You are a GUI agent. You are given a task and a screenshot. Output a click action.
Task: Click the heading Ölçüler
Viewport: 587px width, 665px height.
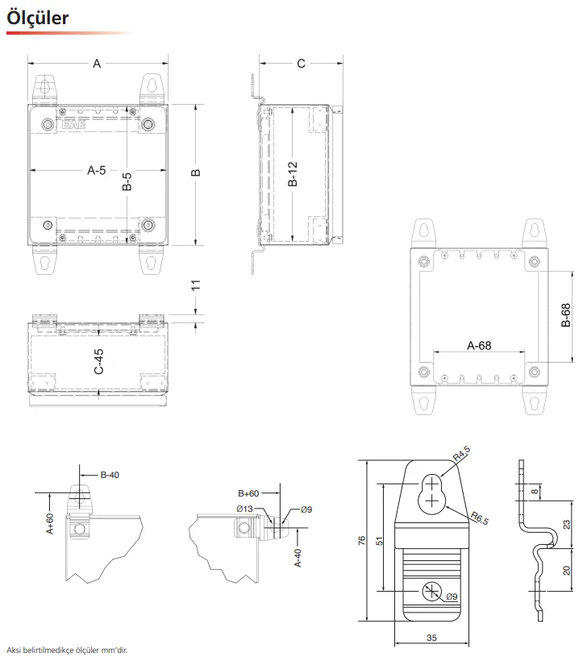[37, 18]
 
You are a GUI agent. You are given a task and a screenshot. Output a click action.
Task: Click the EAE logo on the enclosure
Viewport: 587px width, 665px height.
[74, 124]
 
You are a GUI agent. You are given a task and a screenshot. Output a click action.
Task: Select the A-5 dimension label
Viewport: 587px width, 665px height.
[97, 171]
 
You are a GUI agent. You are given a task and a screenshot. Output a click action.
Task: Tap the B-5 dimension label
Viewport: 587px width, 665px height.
[127, 181]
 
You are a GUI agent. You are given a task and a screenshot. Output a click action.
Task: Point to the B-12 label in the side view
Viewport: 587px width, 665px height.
[293, 174]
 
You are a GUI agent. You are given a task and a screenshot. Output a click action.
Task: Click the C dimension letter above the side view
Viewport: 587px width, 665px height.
[301, 64]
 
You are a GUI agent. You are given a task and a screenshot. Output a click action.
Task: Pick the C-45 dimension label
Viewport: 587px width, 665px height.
[98, 362]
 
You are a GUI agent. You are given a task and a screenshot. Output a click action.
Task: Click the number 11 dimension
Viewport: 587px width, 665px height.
[195, 285]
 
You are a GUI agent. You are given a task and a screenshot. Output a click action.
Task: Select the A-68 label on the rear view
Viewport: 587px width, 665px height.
[479, 346]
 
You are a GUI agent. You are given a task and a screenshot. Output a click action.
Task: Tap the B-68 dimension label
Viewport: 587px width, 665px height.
[566, 315]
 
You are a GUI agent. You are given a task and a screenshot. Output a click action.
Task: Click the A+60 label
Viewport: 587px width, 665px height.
[50, 523]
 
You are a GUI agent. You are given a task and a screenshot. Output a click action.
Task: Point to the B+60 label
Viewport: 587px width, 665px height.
[248, 493]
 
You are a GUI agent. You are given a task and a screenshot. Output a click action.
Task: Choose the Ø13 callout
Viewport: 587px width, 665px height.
[245, 509]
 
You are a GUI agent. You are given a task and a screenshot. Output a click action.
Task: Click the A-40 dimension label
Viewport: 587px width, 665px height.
[298, 558]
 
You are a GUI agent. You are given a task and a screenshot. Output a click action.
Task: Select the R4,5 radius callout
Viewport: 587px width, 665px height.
[461, 454]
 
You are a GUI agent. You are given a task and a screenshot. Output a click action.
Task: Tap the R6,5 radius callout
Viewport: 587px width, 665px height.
[480, 518]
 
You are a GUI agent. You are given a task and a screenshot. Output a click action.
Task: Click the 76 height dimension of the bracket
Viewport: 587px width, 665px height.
[361, 541]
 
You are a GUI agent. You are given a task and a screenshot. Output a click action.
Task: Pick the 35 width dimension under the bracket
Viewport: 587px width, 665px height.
[431, 638]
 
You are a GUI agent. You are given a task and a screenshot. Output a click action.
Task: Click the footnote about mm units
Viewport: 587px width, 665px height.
[67, 650]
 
